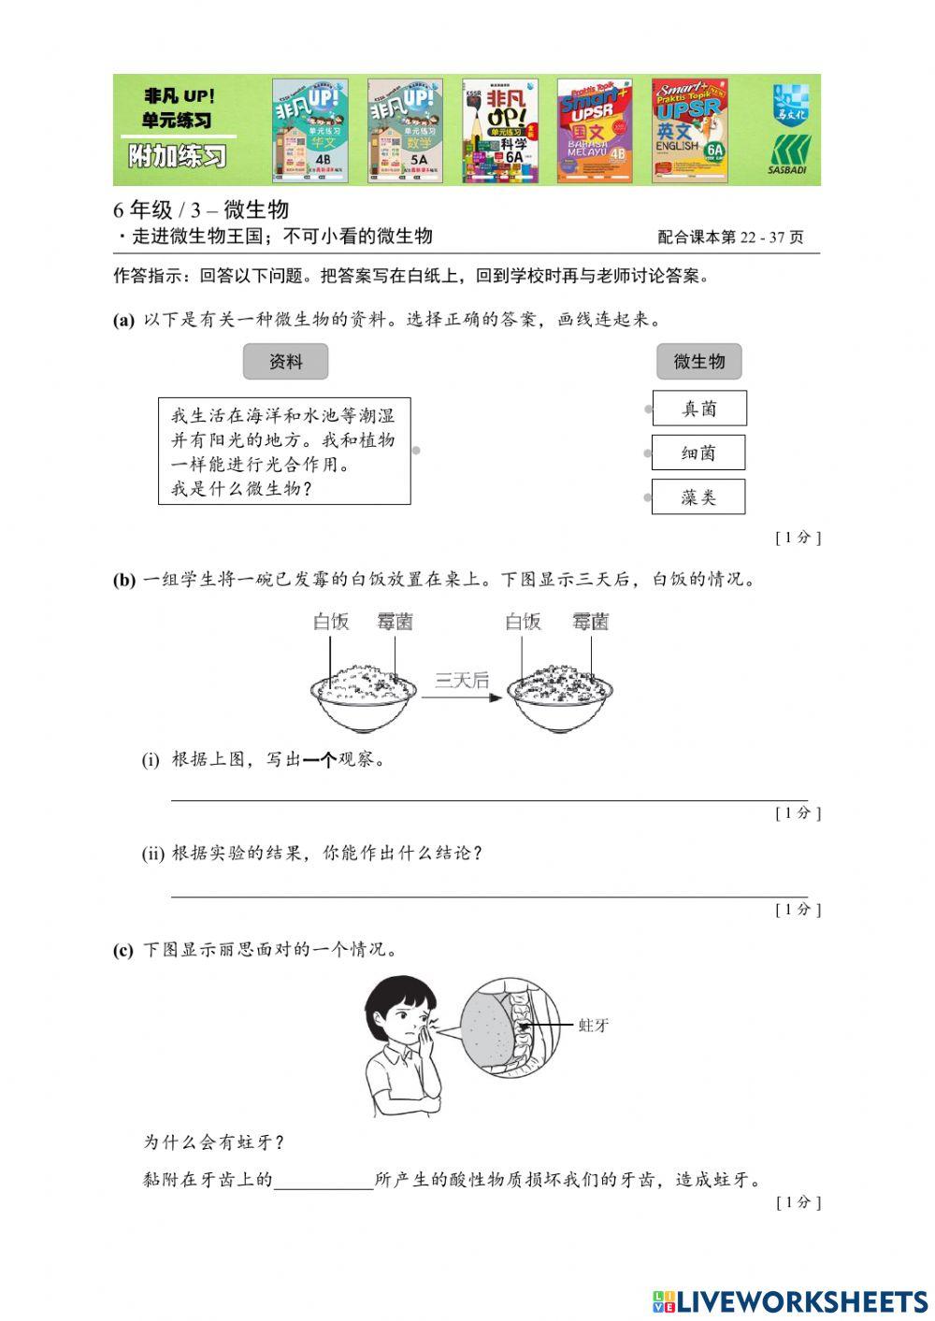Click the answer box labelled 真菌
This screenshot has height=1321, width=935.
[698, 409]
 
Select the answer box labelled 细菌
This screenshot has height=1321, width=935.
[698, 452]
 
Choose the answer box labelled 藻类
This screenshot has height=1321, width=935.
[698, 497]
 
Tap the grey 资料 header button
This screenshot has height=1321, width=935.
[285, 362]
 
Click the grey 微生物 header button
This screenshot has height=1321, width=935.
[698, 362]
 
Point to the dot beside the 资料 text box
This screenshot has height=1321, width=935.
[416, 451]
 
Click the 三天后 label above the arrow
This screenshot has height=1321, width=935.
[461, 681]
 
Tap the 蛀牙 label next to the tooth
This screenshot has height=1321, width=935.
[594, 1026]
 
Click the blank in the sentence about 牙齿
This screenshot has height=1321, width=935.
[324, 1180]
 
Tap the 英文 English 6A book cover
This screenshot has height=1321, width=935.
[689, 130]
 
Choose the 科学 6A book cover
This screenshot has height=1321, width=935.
[500, 130]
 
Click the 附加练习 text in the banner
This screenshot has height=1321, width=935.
[178, 155]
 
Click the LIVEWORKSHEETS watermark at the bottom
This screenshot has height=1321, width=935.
[790, 1300]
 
